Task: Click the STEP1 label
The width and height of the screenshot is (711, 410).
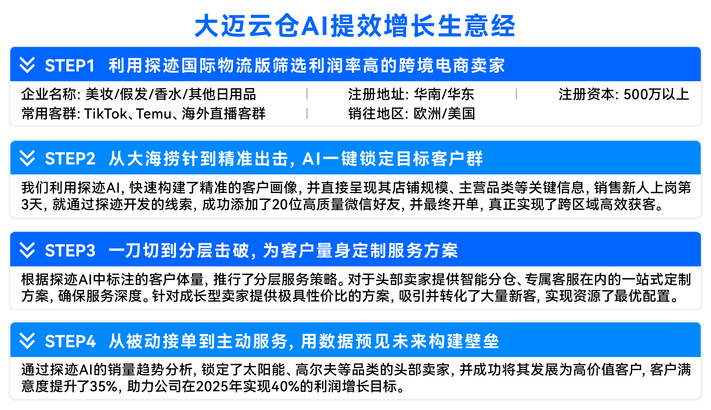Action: click(x=70, y=66)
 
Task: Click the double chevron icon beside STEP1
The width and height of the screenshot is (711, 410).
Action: click(x=27, y=65)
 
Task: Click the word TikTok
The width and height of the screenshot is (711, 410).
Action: click(x=106, y=114)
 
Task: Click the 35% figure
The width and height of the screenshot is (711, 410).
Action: click(x=103, y=386)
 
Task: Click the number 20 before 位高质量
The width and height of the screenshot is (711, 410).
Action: click(x=280, y=204)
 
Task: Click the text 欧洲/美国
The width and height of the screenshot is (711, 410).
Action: click(x=444, y=114)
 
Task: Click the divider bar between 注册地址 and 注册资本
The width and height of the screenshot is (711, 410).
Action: click(x=516, y=94)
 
